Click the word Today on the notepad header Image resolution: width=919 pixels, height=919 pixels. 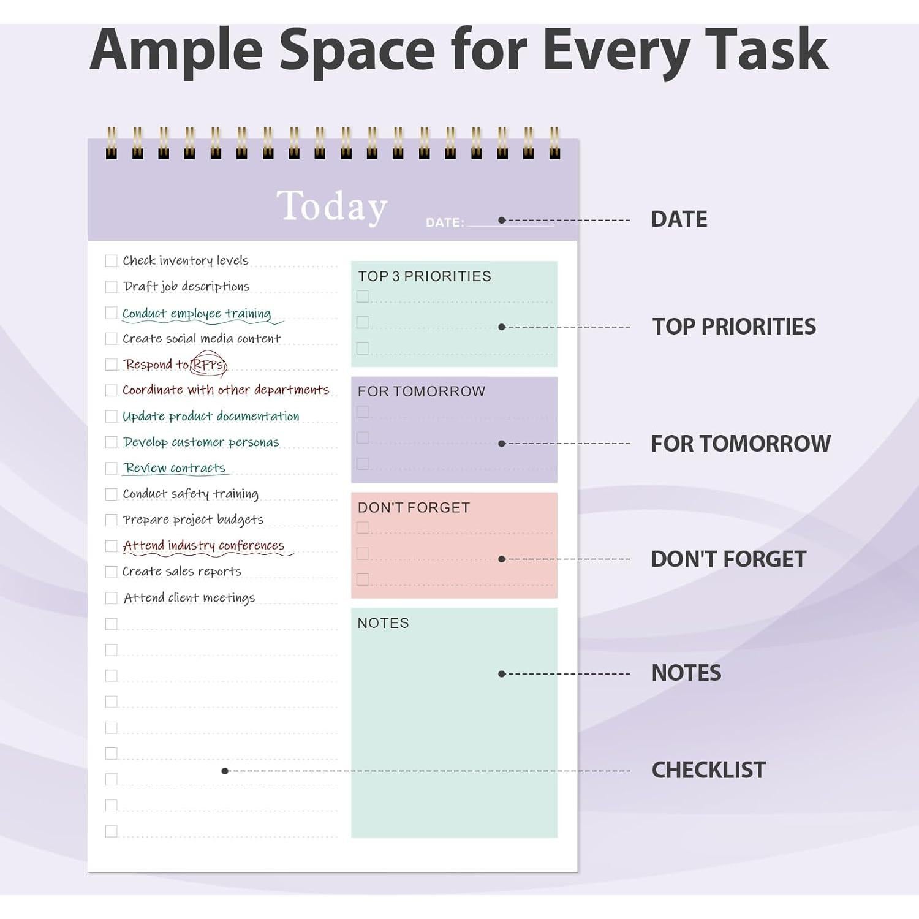(332, 206)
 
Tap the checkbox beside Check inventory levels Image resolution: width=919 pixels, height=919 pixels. (111, 260)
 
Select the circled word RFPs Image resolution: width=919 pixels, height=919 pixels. (208, 365)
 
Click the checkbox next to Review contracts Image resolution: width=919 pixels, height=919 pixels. (111, 468)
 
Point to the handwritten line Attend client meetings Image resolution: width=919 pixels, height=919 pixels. (189, 598)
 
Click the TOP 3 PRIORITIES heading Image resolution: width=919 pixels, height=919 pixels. (425, 276)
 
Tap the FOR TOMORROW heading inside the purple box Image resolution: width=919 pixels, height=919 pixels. (422, 391)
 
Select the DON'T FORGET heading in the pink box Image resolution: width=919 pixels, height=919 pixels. (414, 508)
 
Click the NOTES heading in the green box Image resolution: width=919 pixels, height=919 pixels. (383, 623)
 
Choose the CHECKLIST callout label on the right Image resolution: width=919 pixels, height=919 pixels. (708, 770)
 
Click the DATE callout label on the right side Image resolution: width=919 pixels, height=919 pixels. (679, 219)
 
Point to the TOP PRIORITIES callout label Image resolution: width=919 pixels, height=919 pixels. (734, 327)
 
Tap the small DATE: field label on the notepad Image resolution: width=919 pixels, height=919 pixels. (445, 222)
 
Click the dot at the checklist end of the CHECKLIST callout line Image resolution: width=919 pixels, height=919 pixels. (225, 771)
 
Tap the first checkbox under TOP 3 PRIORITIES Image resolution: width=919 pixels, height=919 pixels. (363, 297)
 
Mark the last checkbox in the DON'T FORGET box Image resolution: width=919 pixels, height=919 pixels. (363, 579)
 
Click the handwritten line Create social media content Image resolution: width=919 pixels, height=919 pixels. (201, 339)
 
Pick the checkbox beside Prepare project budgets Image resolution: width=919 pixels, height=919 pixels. (111, 520)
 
